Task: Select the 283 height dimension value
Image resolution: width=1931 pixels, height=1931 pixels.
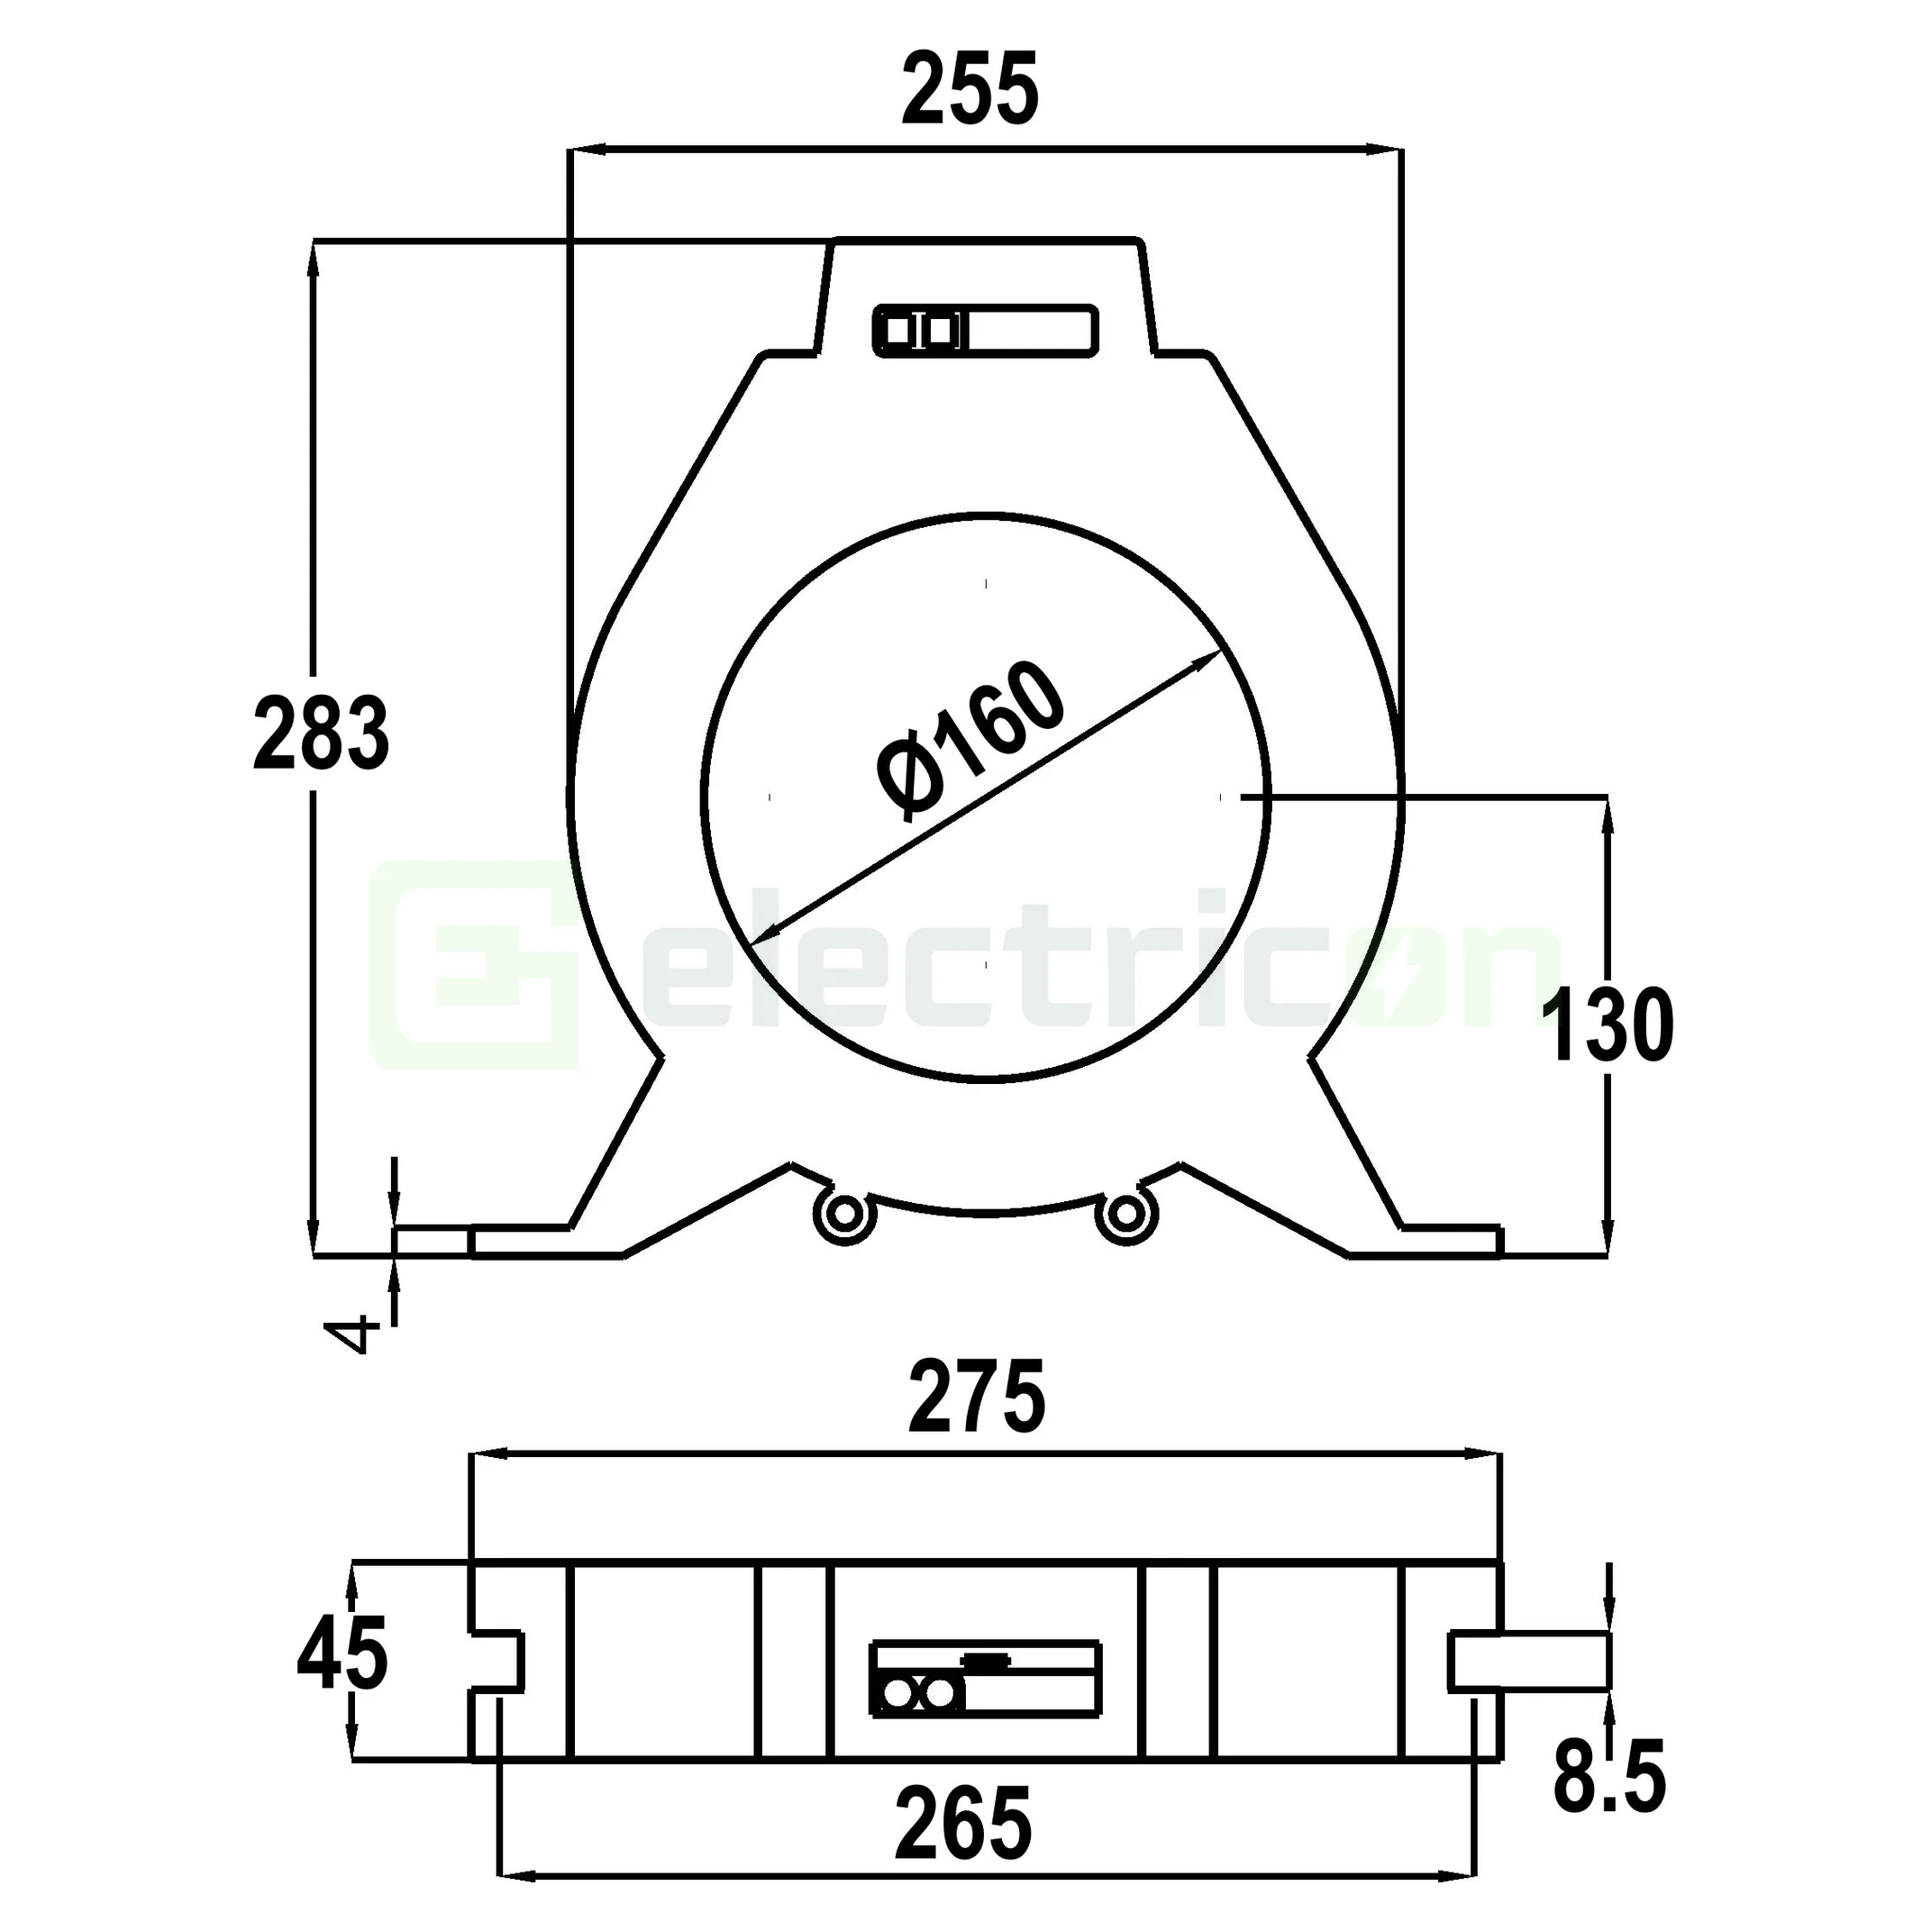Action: (321, 734)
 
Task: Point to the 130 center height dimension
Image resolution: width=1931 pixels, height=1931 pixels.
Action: (1607, 1025)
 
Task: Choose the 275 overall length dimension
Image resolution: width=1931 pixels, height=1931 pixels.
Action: (977, 1397)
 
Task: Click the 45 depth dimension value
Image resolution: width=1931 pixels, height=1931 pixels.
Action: (342, 1656)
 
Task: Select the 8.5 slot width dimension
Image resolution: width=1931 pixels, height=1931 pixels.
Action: (1609, 1777)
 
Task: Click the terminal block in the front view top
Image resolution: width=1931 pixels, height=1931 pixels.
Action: (986, 331)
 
